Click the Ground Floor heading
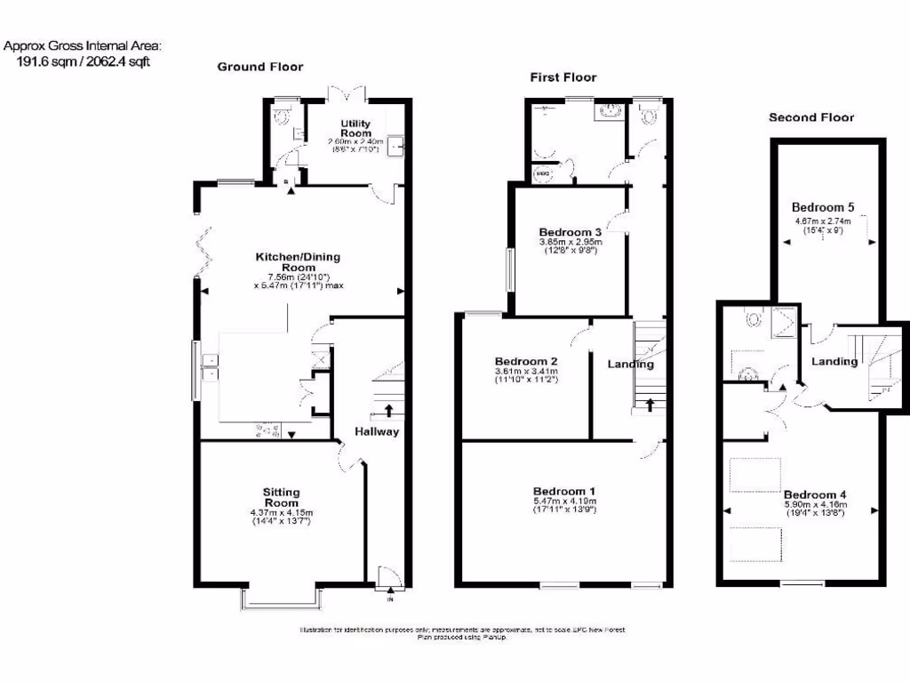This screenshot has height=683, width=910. pyautogui.click(x=259, y=67)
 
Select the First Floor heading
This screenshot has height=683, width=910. pyautogui.click(x=563, y=77)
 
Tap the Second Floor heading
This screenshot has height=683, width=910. pyautogui.click(x=810, y=117)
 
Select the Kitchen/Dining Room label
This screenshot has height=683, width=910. pyautogui.click(x=298, y=262)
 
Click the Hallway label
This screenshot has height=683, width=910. pyautogui.click(x=377, y=432)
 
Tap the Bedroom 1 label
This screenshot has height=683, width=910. pyautogui.click(x=563, y=491)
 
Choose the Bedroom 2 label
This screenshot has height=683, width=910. pyautogui.click(x=526, y=361)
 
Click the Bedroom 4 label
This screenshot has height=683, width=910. pyautogui.click(x=815, y=494)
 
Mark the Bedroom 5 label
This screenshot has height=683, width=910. pyautogui.click(x=823, y=207)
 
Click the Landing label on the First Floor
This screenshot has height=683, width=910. pyautogui.click(x=630, y=364)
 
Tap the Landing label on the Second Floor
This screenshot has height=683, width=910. pyautogui.click(x=834, y=361)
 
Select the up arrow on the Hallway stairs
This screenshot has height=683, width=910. pyautogui.click(x=388, y=409)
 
